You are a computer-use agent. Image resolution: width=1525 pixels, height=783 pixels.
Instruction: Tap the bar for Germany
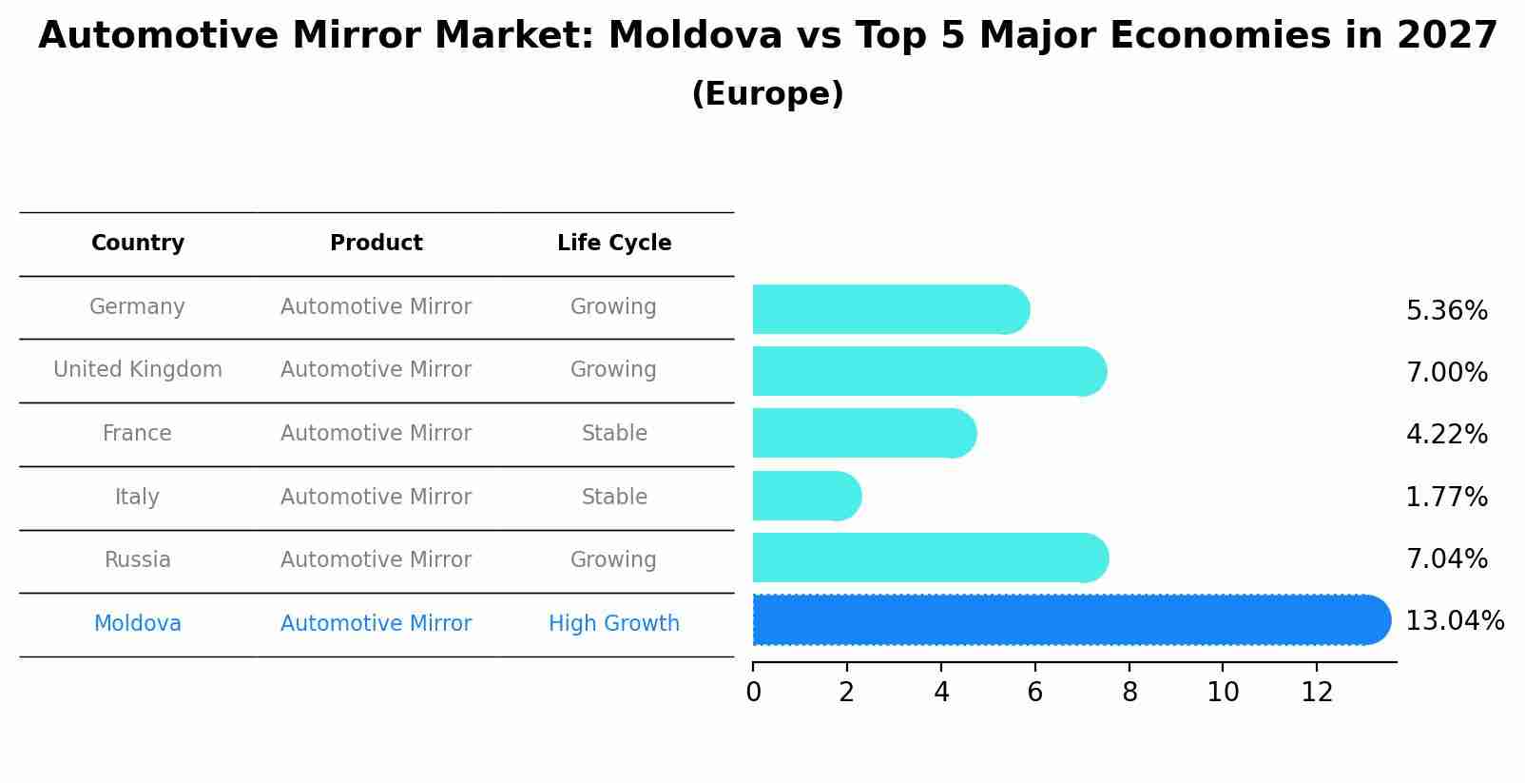pyautogui.click(x=890, y=309)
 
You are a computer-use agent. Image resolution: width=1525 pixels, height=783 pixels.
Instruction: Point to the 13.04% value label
pyautogui.click(x=1454, y=621)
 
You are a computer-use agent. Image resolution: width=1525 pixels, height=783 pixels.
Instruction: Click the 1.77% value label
pyautogui.click(x=1446, y=497)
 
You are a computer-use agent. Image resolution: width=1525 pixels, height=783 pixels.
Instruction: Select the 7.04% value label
pyautogui.click(x=1446, y=558)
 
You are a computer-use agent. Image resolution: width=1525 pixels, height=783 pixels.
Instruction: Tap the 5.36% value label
pyautogui.click(x=1446, y=310)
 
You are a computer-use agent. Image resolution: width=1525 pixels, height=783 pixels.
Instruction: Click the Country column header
pyautogui.click(x=138, y=244)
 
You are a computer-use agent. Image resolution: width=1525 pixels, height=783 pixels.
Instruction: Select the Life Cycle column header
pyautogui.click(x=614, y=244)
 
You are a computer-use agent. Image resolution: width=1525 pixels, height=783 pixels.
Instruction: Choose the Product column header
pyautogui.click(x=376, y=244)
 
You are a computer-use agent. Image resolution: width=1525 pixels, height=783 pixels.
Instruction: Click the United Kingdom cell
pyautogui.click(x=138, y=369)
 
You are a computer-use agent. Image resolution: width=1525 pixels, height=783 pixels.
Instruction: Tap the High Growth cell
pyautogui.click(x=614, y=623)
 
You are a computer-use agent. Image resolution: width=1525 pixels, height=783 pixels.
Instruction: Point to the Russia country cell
pyautogui.click(x=138, y=559)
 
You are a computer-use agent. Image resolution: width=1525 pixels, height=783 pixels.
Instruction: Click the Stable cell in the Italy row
pyautogui.click(x=614, y=497)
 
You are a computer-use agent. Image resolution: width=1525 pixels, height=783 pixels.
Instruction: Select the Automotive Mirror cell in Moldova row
pyautogui.click(x=376, y=623)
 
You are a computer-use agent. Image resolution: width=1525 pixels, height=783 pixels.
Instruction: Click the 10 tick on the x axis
pyautogui.click(x=1223, y=693)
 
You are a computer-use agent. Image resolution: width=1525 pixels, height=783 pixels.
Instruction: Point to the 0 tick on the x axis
pyautogui.click(x=753, y=693)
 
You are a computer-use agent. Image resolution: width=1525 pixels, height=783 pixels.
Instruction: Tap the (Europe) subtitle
pyautogui.click(x=767, y=94)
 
